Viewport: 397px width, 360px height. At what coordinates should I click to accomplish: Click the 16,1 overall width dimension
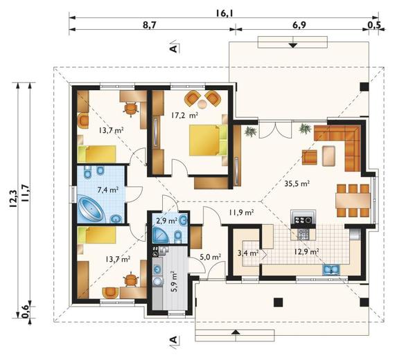coord(224,12)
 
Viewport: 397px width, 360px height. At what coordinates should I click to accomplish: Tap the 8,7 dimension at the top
coord(150,25)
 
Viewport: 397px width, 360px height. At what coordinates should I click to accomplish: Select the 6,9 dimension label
coord(299,25)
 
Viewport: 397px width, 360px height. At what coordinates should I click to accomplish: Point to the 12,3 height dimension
coord(13,199)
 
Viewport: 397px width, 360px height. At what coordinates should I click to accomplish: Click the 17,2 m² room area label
coord(184,116)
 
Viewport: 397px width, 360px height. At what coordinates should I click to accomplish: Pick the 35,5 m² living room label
coord(297,183)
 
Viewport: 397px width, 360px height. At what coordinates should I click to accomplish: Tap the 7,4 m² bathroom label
coord(108,190)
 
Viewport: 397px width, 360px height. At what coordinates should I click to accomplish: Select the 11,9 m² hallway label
coord(241,213)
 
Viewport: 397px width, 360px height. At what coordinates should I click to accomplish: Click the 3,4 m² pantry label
coord(247,253)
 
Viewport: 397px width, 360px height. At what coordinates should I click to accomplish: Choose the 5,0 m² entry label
coord(211,257)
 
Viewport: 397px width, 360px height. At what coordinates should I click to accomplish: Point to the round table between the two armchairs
coord(202,103)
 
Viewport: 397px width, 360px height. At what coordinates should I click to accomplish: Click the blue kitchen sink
coord(331,269)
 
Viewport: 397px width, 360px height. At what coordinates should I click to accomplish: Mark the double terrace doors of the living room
coord(275,129)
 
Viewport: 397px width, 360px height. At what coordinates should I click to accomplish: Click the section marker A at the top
coord(174,47)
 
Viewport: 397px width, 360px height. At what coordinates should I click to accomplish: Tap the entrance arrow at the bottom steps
coord(236,332)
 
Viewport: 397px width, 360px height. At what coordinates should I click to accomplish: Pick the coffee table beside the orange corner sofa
coord(329,156)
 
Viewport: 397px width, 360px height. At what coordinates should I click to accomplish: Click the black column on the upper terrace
coord(364,87)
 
